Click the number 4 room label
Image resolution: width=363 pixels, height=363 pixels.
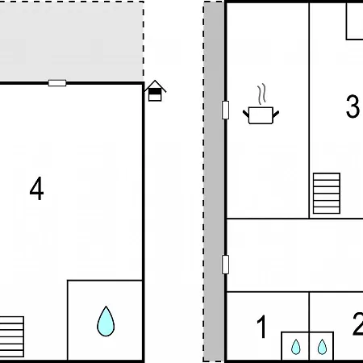[36, 189]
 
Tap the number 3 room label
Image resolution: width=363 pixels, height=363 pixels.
[353, 106]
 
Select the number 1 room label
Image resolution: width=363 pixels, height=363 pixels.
[262, 327]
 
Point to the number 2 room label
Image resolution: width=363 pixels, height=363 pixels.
[358, 323]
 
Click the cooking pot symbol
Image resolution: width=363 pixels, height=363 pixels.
[261, 115]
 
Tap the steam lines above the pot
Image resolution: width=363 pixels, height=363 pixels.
[261, 94]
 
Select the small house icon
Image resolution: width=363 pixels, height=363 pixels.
[155, 90]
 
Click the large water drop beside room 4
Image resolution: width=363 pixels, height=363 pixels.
[106, 321]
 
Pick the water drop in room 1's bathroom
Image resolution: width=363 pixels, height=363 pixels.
[296, 347]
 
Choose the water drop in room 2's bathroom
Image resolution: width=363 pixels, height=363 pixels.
[322, 347]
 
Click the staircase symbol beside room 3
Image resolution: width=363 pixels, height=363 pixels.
[327, 194]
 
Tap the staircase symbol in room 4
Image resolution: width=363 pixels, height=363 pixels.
[12, 336]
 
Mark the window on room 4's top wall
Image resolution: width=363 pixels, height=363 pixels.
[57, 83]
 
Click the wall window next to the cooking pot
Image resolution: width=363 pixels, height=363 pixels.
[226, 110]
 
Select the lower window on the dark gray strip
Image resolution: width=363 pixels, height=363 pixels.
[226, 265]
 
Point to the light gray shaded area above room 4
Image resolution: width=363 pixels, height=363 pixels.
[72, 42]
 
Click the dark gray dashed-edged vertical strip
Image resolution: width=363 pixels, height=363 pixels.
[214, 181]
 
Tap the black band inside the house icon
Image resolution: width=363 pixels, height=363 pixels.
[155, 92]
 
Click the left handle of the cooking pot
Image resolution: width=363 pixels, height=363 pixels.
[246, 114]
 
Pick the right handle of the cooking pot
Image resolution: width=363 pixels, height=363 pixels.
[276, 114]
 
